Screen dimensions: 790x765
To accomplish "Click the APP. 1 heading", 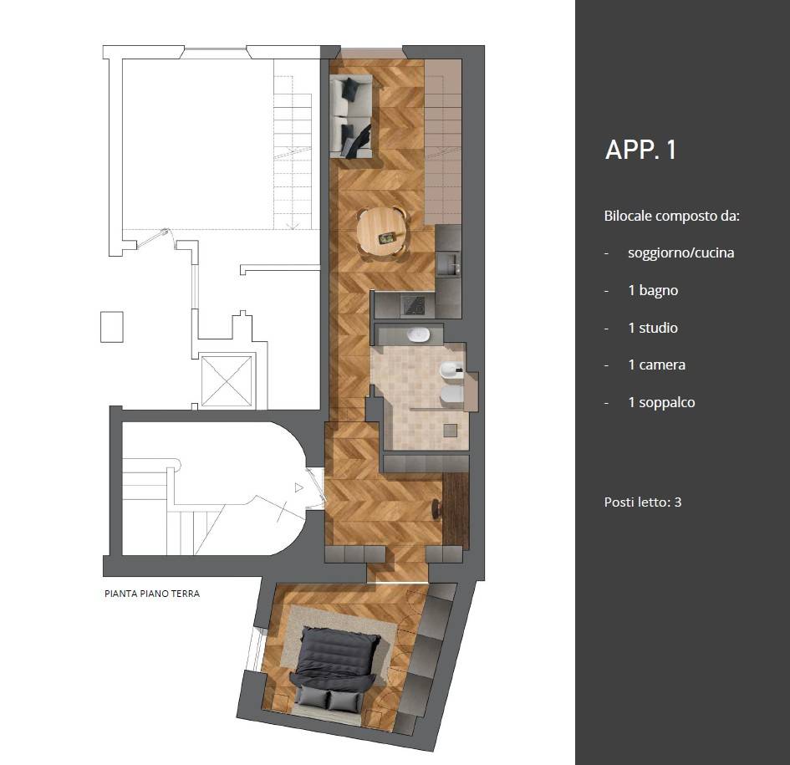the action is pyautogui.click(x=640, y=150).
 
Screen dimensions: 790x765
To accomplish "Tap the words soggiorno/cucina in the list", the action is pyautogui.click(x=680, y=252).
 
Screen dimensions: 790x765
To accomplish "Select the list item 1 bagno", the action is pyautogui.click(x=653, y=290).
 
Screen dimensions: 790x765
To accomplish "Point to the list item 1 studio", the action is pyautogui.click(x=653, y=328).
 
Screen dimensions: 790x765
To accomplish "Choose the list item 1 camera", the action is pyautogui.click(x=656, y=365).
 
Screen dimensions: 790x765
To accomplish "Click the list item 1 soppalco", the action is pyautogui.click(x=661, y=402).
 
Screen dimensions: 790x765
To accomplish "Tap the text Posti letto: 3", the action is pyautogui.click(x=642, y=502).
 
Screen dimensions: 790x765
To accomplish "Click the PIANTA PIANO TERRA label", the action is pyautogui.click(x=152, y=594).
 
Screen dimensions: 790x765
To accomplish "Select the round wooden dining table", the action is pyautogui.click(x=382, y=232).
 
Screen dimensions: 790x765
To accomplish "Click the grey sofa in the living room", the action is pyautogui.click(x=351, y=116).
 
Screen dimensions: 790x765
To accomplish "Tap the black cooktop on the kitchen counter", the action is pyautogui.click(x=413, y=305).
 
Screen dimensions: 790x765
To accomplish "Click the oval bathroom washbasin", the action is pyautogui.click(x=418, y=334).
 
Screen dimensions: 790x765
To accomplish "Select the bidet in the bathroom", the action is pyautogui.click(x=451, y=371).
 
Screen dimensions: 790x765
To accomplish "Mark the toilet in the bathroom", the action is pyautogui.click(x=452, y=396).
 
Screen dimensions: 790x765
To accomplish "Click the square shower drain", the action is pyautogui.click(x=450, y=431).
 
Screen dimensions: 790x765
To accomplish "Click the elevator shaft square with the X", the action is pyautogui.click(x=227, y=381).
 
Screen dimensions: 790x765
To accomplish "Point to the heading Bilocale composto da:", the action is pyautogui.click(x=671, y=217).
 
